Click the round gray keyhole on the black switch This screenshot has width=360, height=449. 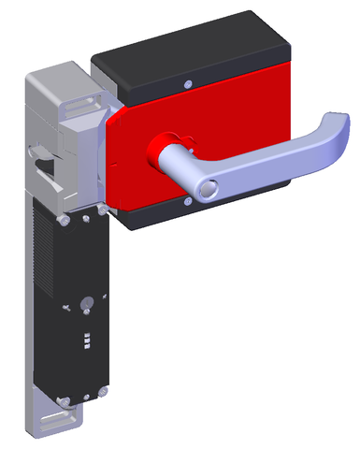tap(86, 304)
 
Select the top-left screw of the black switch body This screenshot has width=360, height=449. tap(62, 220)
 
